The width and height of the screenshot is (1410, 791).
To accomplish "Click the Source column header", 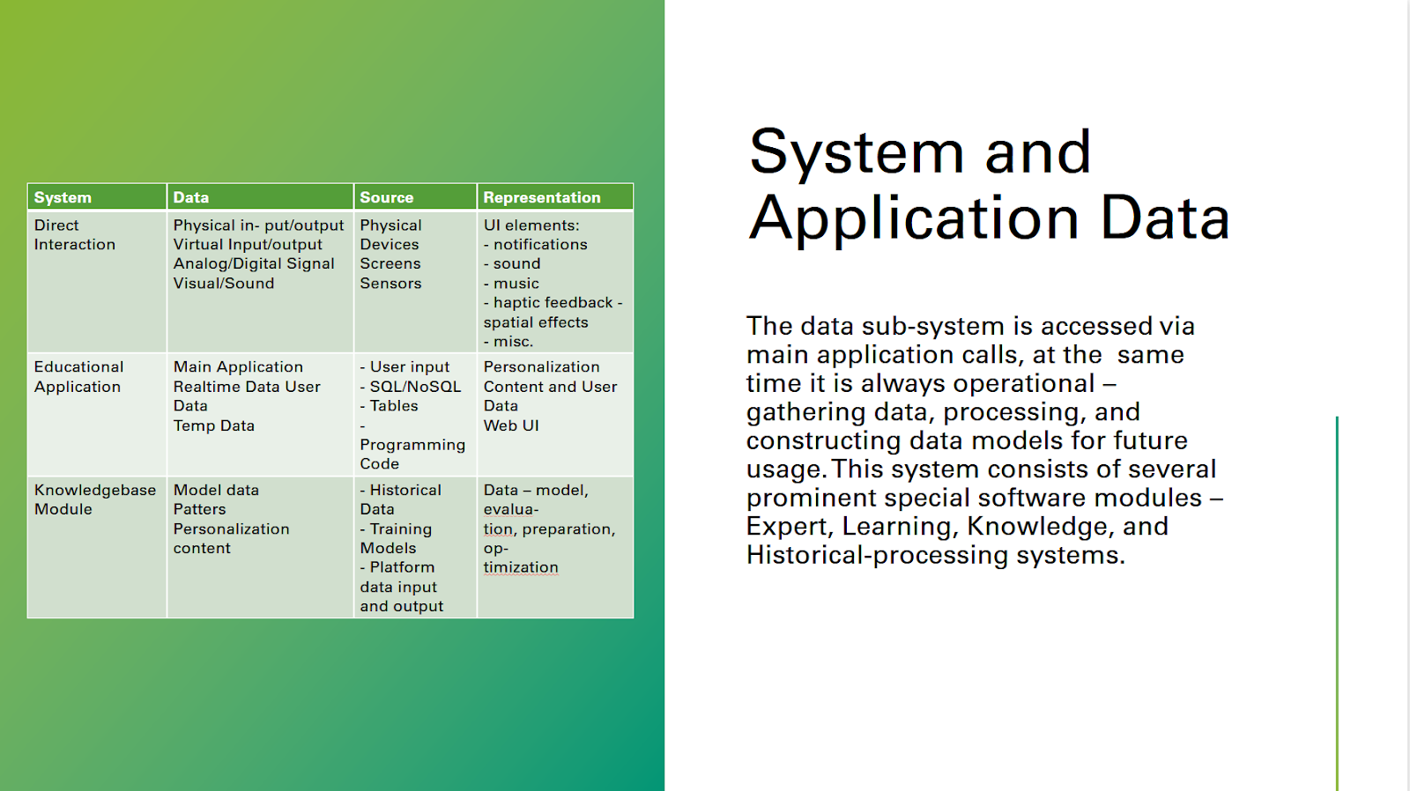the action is [387, 197].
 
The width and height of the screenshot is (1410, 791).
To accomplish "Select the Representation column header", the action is [541, 197].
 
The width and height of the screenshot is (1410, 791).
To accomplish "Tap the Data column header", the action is [190, 197].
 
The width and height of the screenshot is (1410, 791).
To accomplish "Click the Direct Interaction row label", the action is [74, 234].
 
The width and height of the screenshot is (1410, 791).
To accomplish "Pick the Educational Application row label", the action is [78, 376].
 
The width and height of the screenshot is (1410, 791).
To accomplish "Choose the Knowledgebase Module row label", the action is [94, 499].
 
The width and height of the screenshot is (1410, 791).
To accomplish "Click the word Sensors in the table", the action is [390, 283].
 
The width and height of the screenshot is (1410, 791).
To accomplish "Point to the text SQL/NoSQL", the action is [415, 387].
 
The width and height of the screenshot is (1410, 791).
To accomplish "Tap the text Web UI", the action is [510, 425].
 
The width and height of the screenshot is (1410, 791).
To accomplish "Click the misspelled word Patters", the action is [199, 509].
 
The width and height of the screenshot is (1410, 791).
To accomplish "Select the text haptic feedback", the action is [553, 303].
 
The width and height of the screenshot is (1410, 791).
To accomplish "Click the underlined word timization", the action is [521, 567].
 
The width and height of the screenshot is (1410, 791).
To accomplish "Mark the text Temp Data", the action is [213, 425].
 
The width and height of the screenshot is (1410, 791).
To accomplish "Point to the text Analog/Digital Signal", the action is [254, 263].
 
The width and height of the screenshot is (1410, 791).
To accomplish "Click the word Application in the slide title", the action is [913, 218].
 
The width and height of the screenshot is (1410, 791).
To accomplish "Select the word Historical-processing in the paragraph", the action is [877, 555].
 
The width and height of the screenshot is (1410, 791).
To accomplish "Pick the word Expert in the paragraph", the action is [790, 527].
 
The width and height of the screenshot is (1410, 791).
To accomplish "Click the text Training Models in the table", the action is [396, 539].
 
